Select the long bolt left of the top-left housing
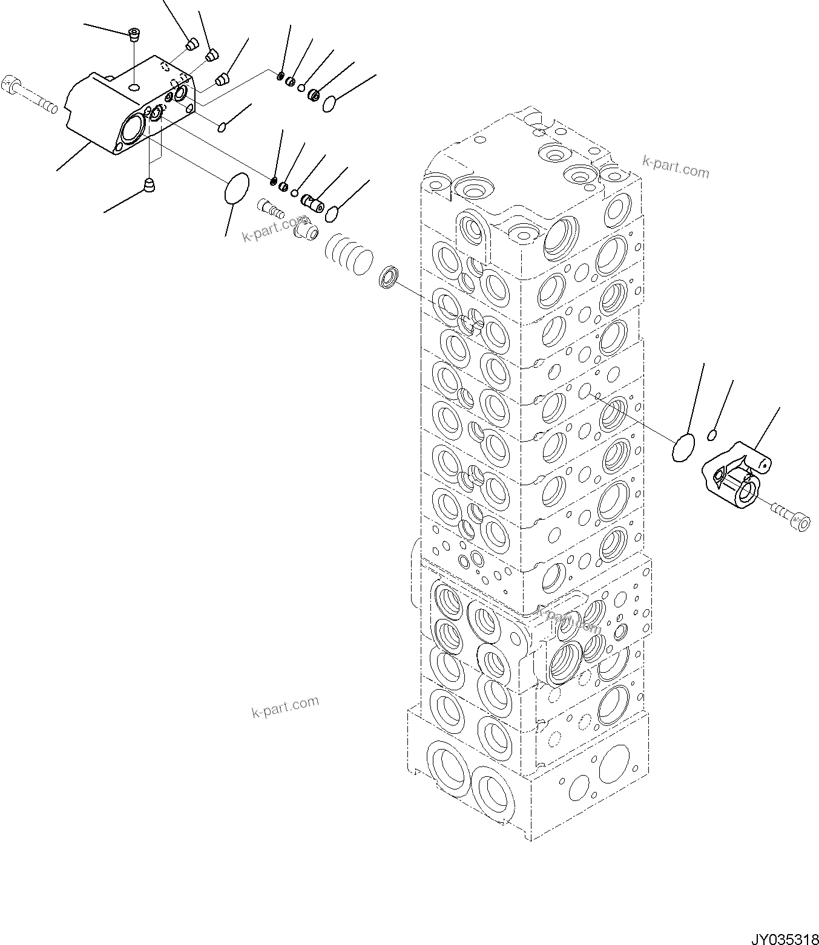[x=30, y=94]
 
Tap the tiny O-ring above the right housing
[x=712, y=434]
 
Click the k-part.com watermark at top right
[x=676, y=169]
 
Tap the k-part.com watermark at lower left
[x=285, y=707]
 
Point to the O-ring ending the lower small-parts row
[x=332, y=213]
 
